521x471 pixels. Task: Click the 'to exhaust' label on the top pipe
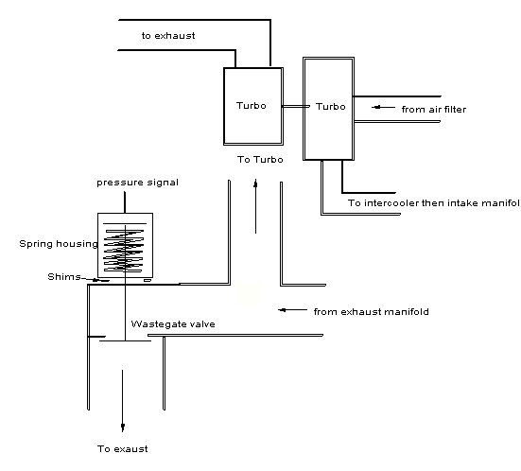(x=169, y=36)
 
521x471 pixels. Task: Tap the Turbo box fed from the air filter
(x=325, y=106)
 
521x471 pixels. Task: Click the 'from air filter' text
(x=433, y=109)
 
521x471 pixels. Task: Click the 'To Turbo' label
(x=257, y=160)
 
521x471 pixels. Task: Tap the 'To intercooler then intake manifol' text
(x=433, y=202)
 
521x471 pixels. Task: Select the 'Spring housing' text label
(x=59, y=244)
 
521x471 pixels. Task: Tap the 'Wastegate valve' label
(x=173, y=323)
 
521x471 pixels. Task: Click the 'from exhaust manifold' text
(x=367, y=310)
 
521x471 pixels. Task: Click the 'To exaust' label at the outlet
(x=123, y=448)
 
